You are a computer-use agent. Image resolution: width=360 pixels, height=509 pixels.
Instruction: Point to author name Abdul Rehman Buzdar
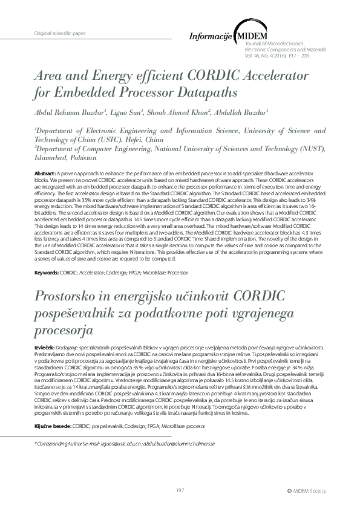coord(70,113)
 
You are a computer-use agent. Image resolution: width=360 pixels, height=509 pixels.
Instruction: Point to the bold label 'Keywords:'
coord(47,273)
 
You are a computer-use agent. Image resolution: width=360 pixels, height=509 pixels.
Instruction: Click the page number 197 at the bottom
coord(180,490)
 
